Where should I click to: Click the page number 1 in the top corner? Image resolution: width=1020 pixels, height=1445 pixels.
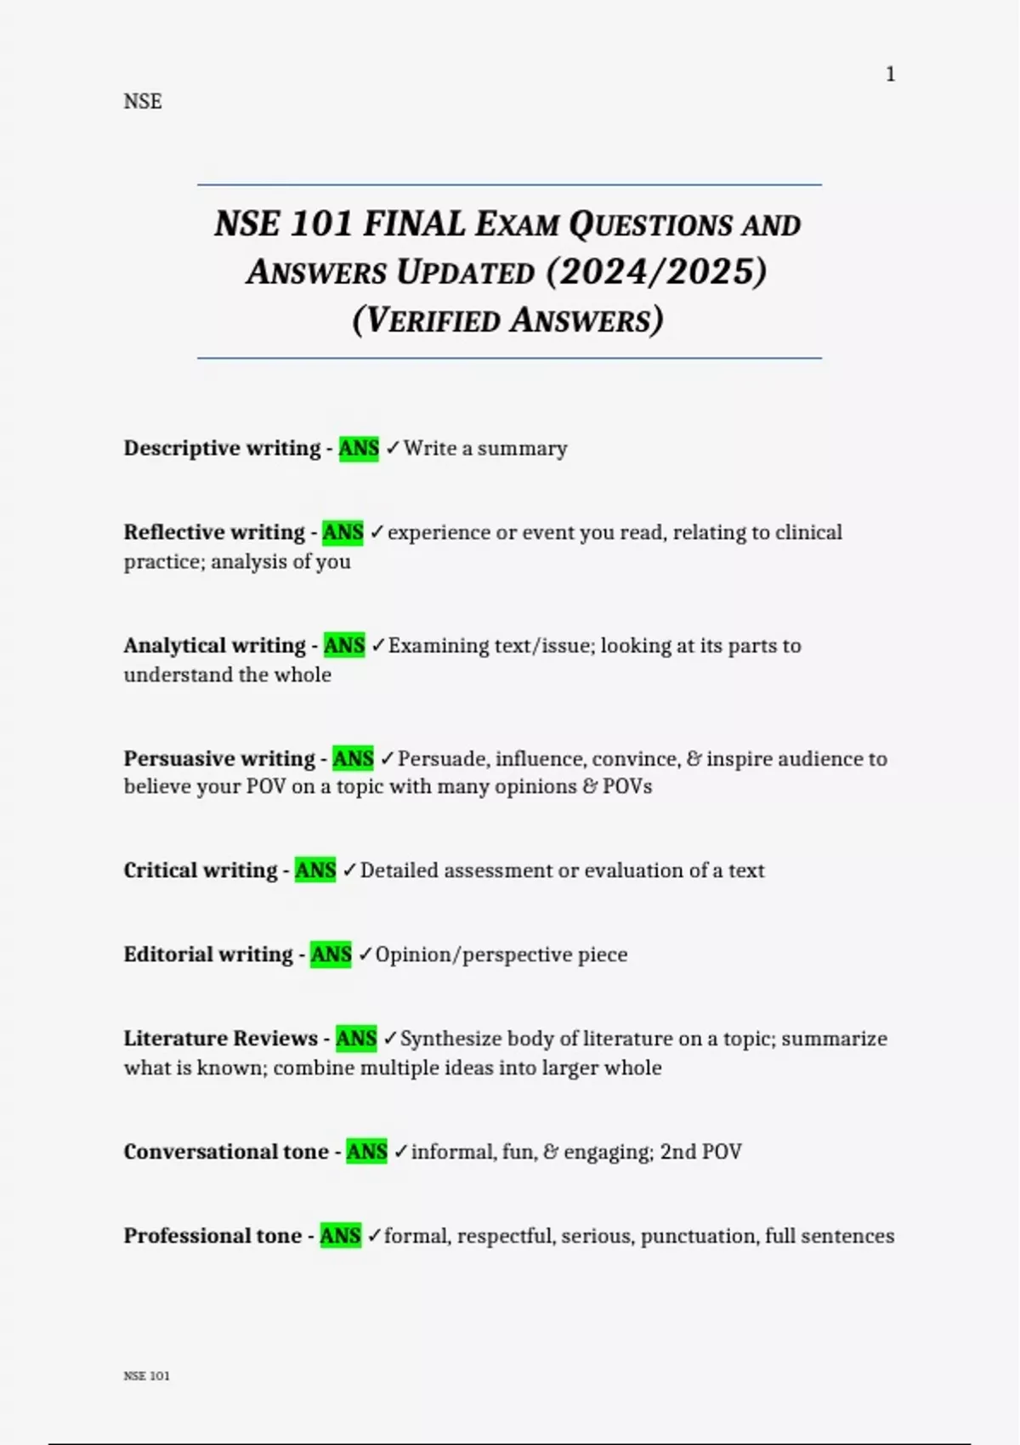(890, 75)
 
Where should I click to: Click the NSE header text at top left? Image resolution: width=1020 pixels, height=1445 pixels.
(142, 101)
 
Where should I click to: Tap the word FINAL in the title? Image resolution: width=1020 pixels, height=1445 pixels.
(414, 224)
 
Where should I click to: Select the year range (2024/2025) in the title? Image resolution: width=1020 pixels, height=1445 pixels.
(656, 272)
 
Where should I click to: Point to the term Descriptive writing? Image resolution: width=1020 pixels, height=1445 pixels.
(222, 448)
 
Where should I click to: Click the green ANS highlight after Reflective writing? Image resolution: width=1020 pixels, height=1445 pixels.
(343, 532)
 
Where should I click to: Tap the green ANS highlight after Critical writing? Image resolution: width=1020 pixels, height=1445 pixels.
(315, 870)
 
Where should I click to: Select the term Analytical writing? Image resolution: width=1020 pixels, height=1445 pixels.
(214, 645)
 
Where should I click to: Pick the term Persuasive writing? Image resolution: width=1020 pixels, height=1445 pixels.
(219, 758)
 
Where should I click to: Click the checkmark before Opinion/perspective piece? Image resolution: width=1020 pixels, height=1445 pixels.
(365, 955)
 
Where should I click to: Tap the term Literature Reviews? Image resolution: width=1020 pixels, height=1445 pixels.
(220, 1039)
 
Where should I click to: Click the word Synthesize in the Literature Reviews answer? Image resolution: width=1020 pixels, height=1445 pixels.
(450, 1039)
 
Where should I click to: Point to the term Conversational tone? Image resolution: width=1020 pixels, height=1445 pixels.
(226, 1152)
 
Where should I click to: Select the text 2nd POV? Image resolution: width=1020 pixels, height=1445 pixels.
(700, 1152)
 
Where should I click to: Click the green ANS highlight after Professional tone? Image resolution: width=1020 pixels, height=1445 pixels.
(340, 1236)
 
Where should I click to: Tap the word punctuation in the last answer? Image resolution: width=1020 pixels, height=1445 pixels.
(698, 1236)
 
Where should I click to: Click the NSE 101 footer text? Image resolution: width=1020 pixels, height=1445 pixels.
(146, 1376)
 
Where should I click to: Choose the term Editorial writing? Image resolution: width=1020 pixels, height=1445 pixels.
(208, 955)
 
